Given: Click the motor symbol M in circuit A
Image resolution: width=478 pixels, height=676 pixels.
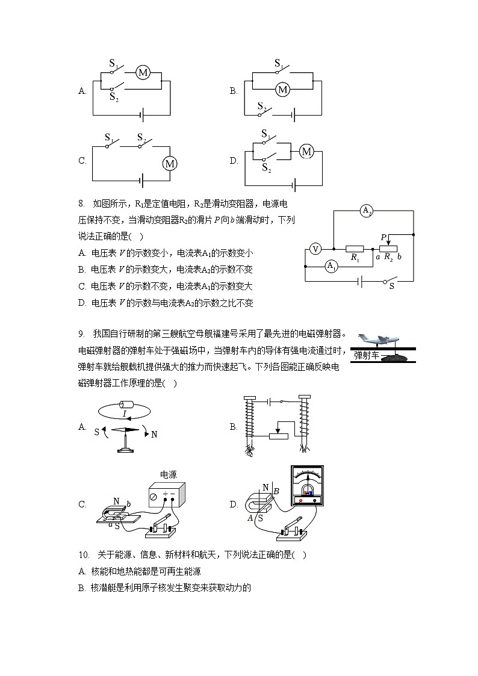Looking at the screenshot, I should click(143, 73).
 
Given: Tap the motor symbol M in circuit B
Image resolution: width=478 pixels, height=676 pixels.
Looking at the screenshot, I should click(282, 90).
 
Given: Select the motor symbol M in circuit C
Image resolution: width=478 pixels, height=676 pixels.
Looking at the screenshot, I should click(170, 163).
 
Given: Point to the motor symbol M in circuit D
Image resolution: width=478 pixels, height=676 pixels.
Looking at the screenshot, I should click(307, 151).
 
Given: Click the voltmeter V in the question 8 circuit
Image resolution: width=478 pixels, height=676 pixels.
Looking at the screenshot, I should click(314, 247).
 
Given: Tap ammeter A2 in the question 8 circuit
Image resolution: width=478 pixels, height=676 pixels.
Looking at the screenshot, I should click(367, 210).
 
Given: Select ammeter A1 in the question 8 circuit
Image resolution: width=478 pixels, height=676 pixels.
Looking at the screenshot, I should click(331, 266).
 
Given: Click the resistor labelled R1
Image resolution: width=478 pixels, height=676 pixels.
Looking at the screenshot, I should click(355, 247).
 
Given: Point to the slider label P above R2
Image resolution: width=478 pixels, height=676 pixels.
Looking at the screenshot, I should click(383, 237).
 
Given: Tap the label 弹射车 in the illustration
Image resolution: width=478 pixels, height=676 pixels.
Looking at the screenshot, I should click(367, 355).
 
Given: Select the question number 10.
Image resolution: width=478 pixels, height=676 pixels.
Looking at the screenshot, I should click(84, 555).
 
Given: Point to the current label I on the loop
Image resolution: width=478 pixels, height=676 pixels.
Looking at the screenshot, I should click(124, 414).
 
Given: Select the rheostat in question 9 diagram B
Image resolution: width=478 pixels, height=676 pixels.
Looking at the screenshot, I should click(279, 435).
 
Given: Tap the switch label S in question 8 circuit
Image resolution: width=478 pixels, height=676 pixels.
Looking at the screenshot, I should click(391, 287).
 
